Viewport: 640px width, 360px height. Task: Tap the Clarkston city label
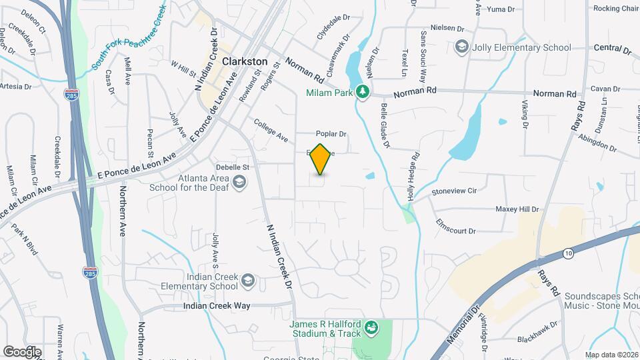click(244, 61)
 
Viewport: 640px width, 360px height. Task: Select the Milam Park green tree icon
click(362, 92)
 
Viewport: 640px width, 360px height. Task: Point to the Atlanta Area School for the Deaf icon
click(239, 182)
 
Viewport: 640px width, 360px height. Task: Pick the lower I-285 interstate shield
click(90, 272)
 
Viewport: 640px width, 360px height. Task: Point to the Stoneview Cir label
click(454, 191)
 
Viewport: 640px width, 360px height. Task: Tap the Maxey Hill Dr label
click(517, 209)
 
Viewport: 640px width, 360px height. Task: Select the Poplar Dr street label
click(333, 133)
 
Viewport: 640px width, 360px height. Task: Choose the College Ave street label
click(271, 130)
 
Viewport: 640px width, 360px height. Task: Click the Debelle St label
click(233, 167)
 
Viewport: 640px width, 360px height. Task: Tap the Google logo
click(22, 351)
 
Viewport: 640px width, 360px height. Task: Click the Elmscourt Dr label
click(455, 227)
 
